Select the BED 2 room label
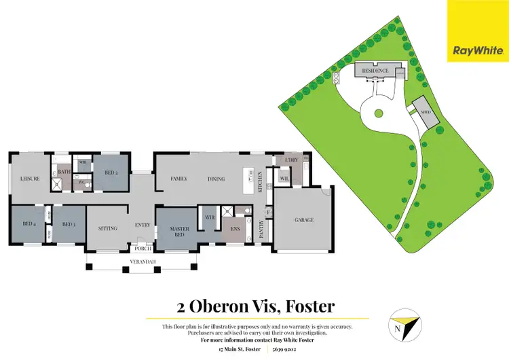(x=112, y=173)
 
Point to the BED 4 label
(x=29, y=223)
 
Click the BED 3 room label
(x=68, y=223)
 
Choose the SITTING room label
(x=108, y=228)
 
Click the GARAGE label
(x=304, y=220)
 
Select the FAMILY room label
(x=179, y=179)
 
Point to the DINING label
(x=216, y=179)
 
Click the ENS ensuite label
(x=235, y=229)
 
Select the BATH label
(x=64, y=172)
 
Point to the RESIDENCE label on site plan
(x=375, y=71)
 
